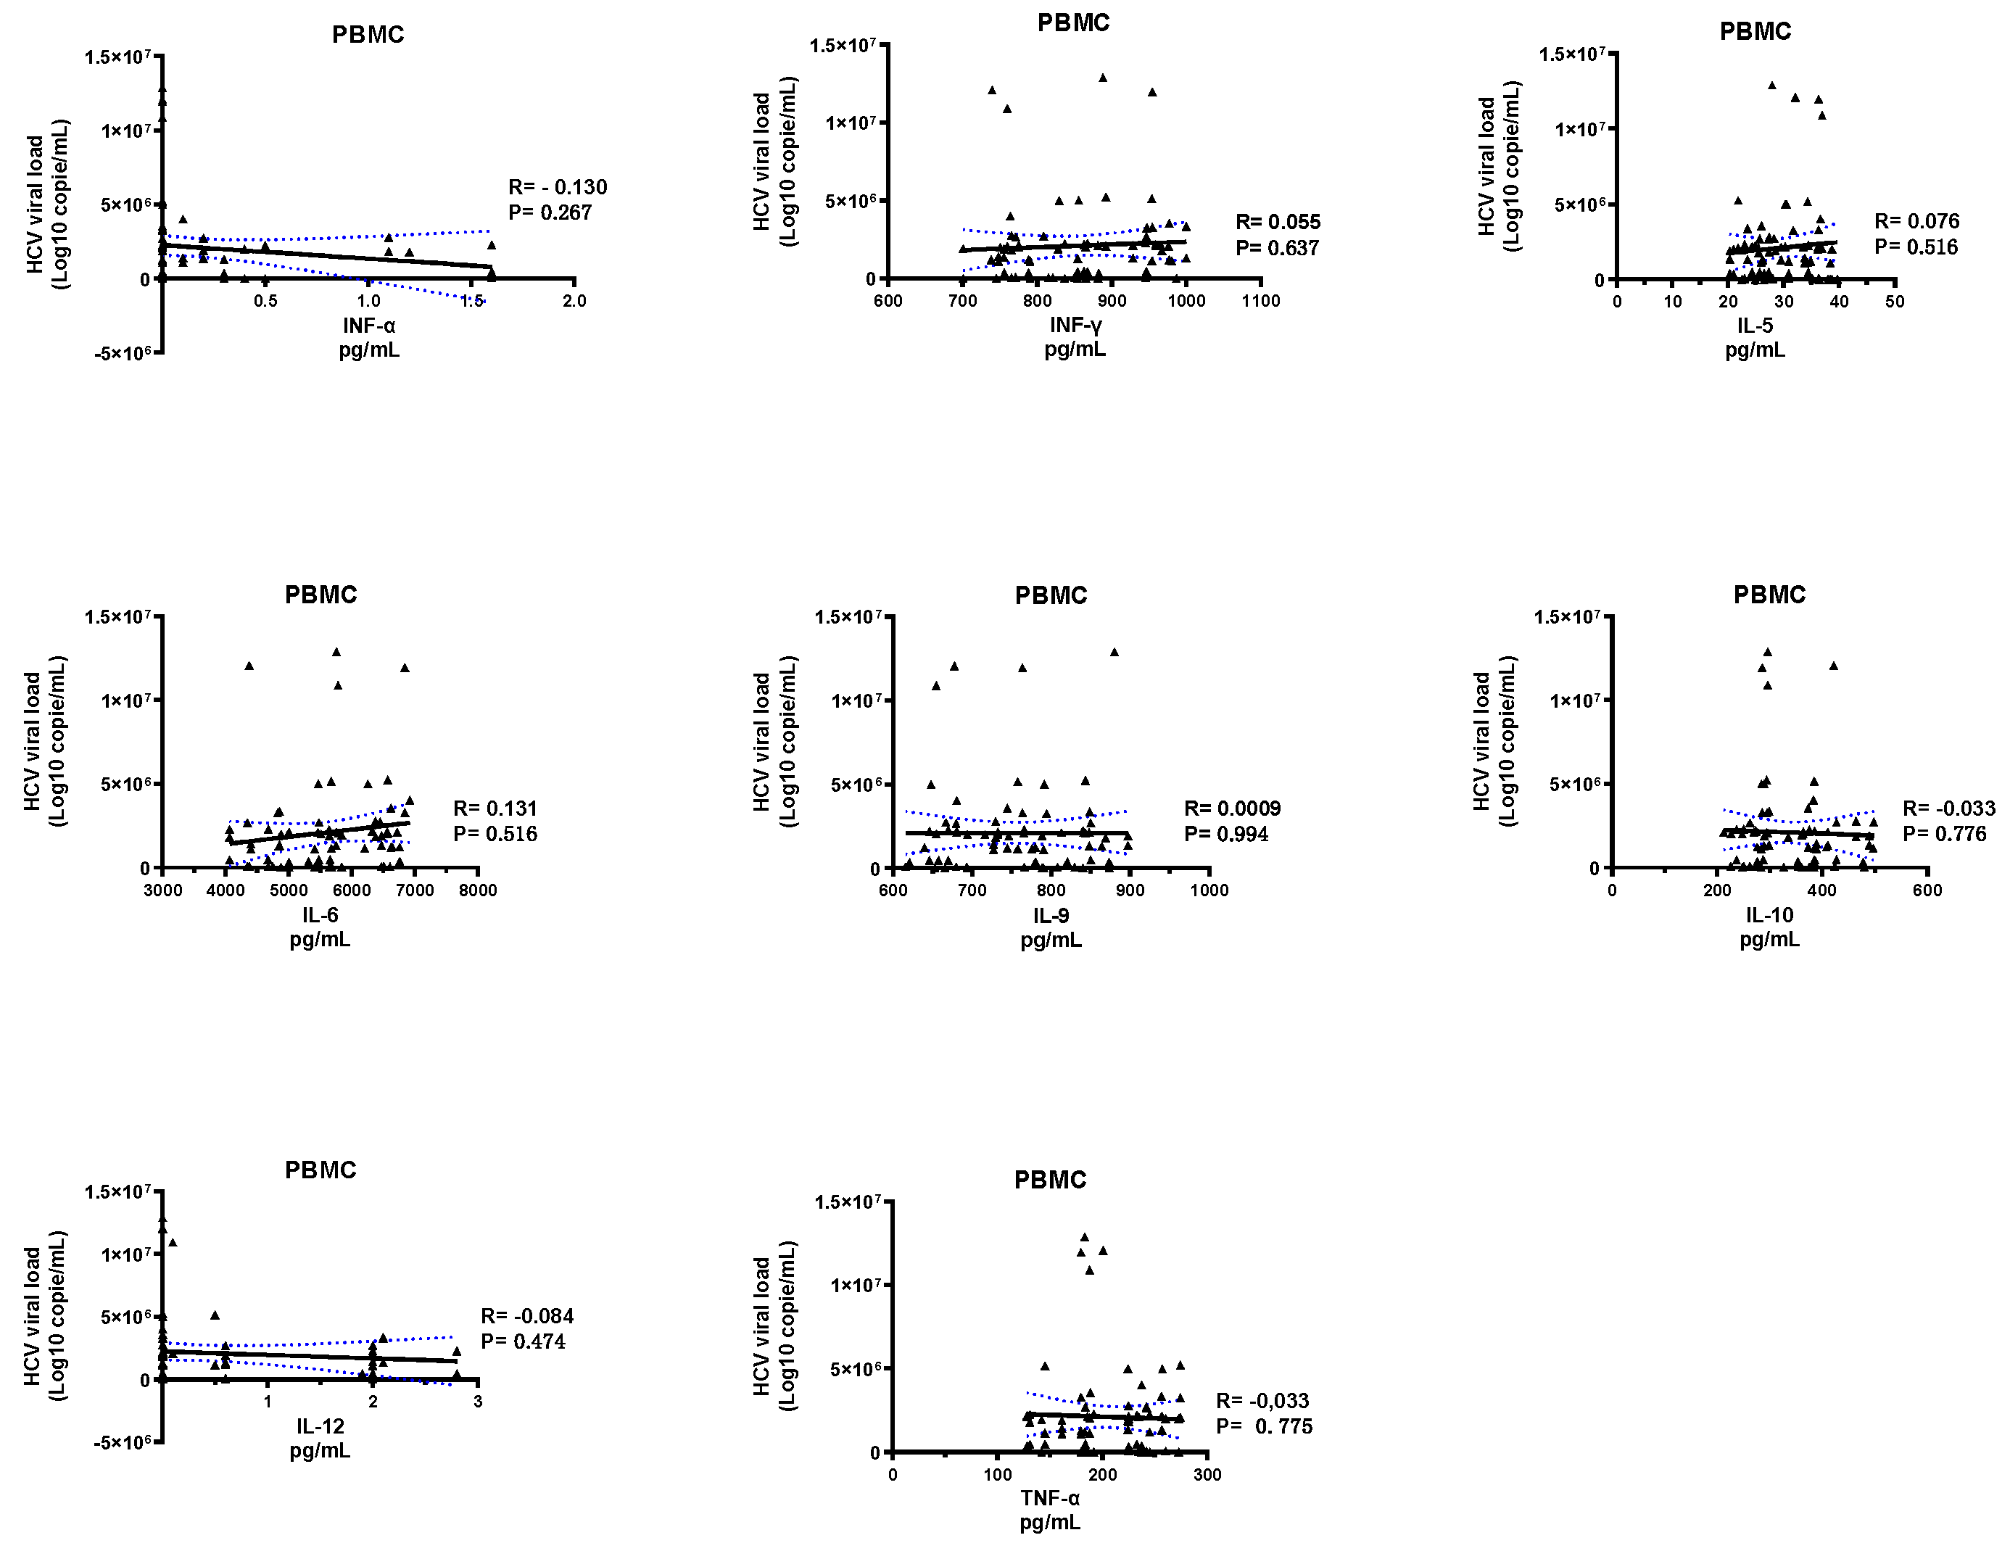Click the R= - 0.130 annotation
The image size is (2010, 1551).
[x=557, y=187]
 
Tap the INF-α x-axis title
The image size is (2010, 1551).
[x=368, y=325]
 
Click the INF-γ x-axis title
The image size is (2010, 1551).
[x=1075, y=325]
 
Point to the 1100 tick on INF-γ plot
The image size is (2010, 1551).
[x=1260, y=300]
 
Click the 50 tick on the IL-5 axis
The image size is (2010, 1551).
[x=1894, y=301]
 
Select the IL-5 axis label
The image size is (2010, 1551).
[x=1754, y=325]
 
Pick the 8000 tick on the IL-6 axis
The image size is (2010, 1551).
[x=478, y=890]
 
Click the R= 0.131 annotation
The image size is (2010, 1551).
[x=495, y=808]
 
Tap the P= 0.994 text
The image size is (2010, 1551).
[x=1226, y=834]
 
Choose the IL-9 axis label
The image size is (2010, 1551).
[x=1050, y=915]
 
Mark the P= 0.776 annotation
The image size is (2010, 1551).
[x=1944, y=834]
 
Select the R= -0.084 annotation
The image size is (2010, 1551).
[x=526, y=1315]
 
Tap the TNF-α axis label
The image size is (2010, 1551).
[x=1049, y=1497]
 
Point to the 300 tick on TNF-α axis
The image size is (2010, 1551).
[x=1207, y=1475]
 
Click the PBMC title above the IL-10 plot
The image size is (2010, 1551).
[x=1769, y=595]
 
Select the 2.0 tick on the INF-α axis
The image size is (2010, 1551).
[x=574, y=301]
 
